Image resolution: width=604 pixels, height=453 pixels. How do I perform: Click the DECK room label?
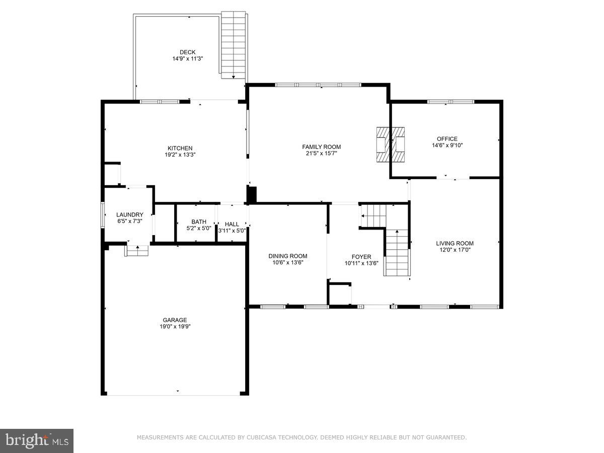pos(188,52)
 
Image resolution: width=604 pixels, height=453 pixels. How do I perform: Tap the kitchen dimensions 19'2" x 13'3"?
pos(180,155)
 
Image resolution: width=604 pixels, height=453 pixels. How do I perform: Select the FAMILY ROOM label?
pos(321,147)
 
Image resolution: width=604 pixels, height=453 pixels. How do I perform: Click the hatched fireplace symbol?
pos(391,144)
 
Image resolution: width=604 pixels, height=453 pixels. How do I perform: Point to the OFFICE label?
pos(447,139)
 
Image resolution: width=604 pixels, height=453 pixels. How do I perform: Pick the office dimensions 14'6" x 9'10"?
pos(447,145)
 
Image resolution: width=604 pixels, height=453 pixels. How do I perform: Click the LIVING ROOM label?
pos(455,243)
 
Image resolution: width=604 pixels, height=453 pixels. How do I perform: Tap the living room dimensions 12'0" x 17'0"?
pos(455,250)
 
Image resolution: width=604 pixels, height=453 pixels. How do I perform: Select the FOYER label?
pos(361,257)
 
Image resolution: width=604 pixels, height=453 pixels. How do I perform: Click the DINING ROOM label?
pos(287,256)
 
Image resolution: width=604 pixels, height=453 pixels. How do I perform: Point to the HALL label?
pos(232,224)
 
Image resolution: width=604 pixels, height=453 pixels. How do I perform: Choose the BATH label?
pos(199,221)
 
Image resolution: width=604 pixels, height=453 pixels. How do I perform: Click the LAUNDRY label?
pos(130,214)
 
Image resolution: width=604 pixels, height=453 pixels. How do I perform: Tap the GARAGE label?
pos(175,320)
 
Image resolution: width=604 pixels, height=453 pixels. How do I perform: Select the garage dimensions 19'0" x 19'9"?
pos(175,326)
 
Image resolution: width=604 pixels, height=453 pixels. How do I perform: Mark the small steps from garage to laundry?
pos(137,250)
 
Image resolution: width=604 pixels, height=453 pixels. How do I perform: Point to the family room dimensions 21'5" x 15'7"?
pos(321,154)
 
